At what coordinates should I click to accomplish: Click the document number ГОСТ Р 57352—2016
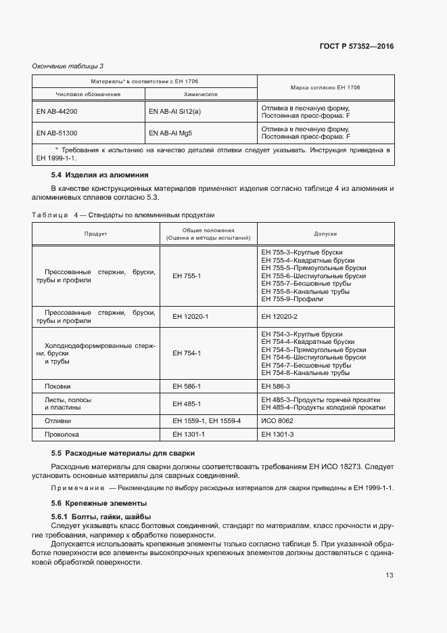[356, 47]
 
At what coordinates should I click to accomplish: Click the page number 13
[389, 575]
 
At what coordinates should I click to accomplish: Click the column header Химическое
[200, 93]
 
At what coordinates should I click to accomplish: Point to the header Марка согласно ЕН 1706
[325, 87]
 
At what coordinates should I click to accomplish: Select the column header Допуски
[325, 234]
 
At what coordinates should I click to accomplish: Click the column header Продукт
[96, 234]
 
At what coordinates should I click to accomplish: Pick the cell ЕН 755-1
[187, 276]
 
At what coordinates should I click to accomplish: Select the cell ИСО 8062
[277, 420]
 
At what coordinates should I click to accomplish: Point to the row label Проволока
[62, 434]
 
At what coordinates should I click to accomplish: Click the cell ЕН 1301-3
[277, 434]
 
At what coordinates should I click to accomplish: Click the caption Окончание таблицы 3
[68, 66]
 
